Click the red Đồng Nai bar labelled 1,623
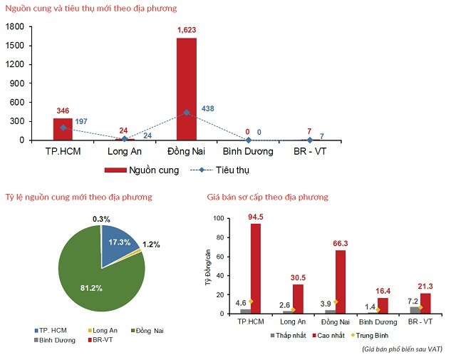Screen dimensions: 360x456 tap(187, 89)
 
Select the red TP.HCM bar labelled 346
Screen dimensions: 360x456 tap(63, 130)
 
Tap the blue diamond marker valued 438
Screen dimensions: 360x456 tap(187, 113)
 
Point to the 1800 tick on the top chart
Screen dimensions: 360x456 tap(15, 26)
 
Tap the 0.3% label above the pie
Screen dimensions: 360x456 tap(101, 218)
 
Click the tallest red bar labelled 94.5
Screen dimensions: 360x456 tap(255, 269)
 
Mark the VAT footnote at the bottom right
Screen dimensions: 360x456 tap(402, 349)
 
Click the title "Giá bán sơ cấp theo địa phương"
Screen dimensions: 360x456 tap(267, 196)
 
